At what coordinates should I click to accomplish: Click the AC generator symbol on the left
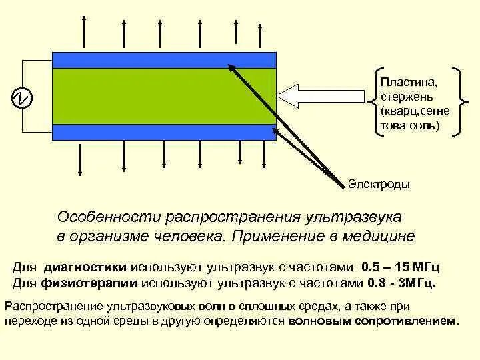[x=22, y=97]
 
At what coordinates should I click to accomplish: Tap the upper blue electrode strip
[x=164, y=60]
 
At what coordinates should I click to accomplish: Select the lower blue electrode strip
[x=164, y=132]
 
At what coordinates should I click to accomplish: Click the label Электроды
[x=379, y=184]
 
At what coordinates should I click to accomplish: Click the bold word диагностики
[x=86, y=267]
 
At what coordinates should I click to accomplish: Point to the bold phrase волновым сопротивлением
[x=373, y=321]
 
